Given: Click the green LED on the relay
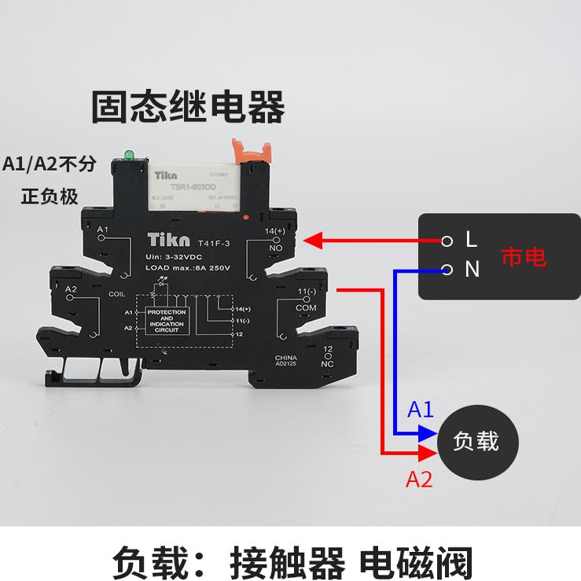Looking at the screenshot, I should point(125,154).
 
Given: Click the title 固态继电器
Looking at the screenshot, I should point(189,108).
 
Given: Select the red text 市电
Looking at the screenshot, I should point(524,256).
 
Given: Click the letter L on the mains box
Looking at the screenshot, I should point(472,238).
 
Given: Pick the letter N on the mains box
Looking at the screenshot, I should point(472,270).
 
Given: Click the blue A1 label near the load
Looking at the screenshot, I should point(421,410).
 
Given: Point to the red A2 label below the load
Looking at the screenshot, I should point(419,478).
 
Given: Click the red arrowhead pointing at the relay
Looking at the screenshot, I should point(312,239).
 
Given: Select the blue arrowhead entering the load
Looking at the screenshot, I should point(427,432).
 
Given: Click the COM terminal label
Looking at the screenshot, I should point(305,308).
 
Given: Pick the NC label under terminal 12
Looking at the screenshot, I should point(328,364).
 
